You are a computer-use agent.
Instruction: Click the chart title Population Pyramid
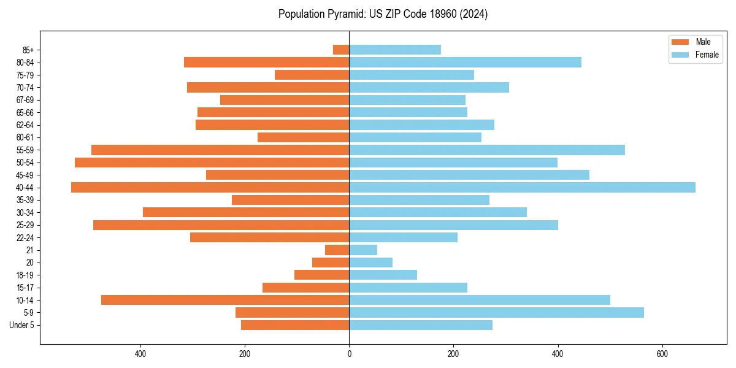[383, 14]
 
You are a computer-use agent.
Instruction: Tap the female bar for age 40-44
[522, 188]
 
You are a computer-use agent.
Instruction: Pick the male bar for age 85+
[341, 50]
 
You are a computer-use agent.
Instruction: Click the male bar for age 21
[337, 250]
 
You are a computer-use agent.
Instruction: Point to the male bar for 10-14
[225, 300]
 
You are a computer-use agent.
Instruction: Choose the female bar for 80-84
[465, 62]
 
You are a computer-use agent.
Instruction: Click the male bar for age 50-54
[212, 163]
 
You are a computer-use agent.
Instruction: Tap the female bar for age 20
[370, 263]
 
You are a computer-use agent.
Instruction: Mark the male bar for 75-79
[312, 75]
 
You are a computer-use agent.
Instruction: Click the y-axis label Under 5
[21, 325]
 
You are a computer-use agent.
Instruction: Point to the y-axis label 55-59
[25, 150]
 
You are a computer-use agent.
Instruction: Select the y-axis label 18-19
[25, 275]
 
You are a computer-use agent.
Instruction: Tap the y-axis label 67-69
[25, 100]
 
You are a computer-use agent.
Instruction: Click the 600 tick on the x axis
[662, 354]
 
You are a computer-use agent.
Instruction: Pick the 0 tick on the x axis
[349, 354]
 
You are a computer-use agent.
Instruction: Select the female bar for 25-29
[453, 225]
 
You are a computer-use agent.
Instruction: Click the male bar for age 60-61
[303, 137]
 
